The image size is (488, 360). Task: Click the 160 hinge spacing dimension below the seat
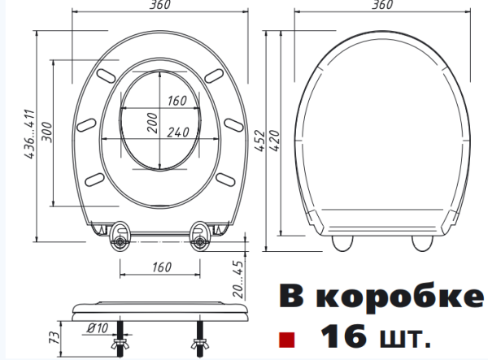point(161,267)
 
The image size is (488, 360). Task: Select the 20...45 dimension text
point(237,278)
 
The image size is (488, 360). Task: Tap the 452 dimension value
point(260,134)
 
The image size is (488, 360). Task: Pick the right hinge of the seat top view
point(198,237)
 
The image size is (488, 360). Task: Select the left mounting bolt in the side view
point(124,335)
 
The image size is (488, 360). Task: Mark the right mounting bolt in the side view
point(198,335)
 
